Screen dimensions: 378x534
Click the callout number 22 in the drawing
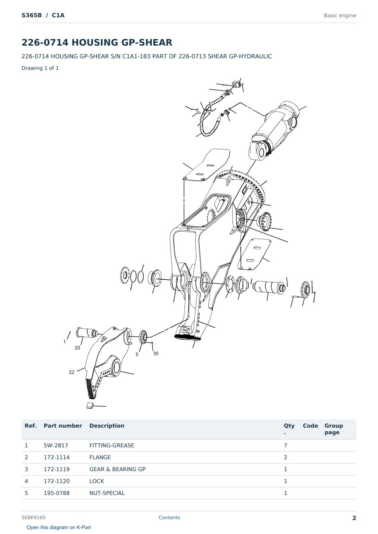(x=71, y=373)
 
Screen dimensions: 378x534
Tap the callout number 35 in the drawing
(x=156, y=354)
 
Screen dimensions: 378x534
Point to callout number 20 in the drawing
(x=77, y=348)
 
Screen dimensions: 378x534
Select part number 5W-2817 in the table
(x=56, y=445)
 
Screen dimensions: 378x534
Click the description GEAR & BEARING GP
(x=118, y=469)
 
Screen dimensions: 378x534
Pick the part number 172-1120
(x=57, y=481)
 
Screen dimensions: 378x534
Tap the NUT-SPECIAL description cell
(x=107, y=493)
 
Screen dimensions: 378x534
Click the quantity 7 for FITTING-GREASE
(x=286, y=445)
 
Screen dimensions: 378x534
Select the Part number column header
(x=63, y=426)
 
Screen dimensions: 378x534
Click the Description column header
(x=107, y=426)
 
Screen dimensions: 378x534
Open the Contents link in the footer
(x=169, y=518)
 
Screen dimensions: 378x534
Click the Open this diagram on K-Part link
(x=59, y=527)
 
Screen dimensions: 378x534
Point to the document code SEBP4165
(x=33, y=518)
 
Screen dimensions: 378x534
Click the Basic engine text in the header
(x=340, y=16)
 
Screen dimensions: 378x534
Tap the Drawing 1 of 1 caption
(x=40, y=68)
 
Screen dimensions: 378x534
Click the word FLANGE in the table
(x=100, y=457)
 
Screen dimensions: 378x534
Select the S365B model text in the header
(x=32, y=16)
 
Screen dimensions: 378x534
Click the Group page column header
(x=334, y=429)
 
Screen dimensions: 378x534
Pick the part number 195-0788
(x=57, y=493)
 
